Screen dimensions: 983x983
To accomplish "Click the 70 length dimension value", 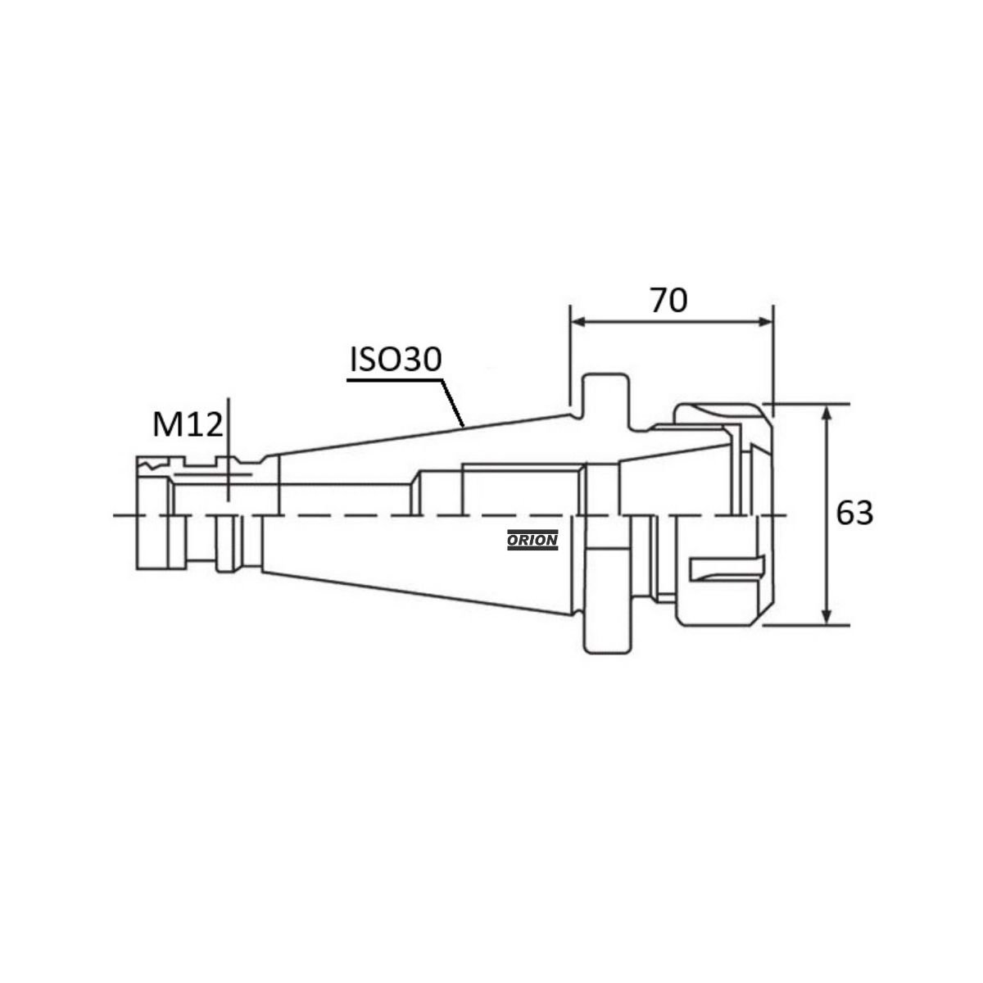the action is (668, 301).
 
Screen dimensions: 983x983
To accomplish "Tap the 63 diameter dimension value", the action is (855, 513).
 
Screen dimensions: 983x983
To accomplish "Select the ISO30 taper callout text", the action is (396, 359).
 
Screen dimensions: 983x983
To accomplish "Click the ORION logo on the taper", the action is (532, 540).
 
